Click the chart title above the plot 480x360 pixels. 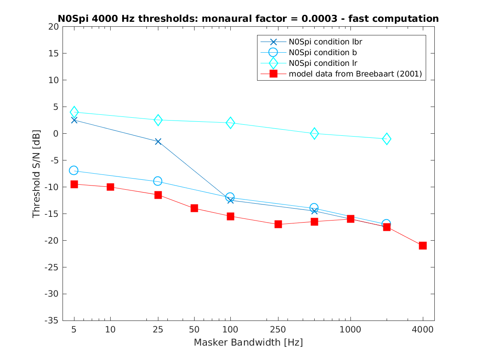[x=248, y=19]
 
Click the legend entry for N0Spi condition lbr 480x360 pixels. [x=325, y=42]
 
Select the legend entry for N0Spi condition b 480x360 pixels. [x=322, y=52]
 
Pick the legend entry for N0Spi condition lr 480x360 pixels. [x=322, y=63]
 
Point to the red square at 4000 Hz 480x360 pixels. [x=422, y=246]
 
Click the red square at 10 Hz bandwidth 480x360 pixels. [x=110, y=187]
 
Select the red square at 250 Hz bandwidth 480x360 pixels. [x=278, y=224]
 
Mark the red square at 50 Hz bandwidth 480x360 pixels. [x=194, y=208]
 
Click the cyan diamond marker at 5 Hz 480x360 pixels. [x=74, y=112]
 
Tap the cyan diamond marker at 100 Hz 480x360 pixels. [x=230, y=123]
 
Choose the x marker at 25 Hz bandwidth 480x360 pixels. [x=158, y=142]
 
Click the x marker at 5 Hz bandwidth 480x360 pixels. [x=74, y=120]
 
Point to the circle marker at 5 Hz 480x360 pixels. [x=74, y=170]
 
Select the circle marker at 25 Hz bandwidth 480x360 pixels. [x=158, y=181]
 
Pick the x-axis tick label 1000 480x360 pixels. [x=350, y=330]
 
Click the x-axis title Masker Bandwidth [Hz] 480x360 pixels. [x=248, y=342]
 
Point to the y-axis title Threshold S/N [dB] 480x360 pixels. [x=37, y=174]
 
